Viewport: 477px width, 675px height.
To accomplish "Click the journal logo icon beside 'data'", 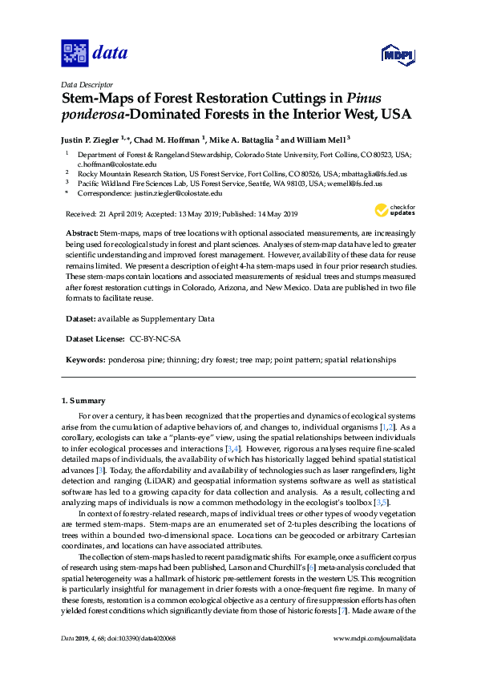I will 75,55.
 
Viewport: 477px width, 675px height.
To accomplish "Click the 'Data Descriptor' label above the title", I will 87,84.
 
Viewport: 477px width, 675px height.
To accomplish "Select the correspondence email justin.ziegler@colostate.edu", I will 178,193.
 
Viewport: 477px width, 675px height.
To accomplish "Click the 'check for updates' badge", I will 392,211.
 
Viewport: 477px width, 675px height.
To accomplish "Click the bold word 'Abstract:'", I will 83,231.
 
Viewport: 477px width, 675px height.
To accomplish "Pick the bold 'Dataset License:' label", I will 93,339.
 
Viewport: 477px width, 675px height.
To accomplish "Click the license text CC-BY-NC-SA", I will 155,339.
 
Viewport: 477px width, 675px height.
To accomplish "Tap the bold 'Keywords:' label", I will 85,361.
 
